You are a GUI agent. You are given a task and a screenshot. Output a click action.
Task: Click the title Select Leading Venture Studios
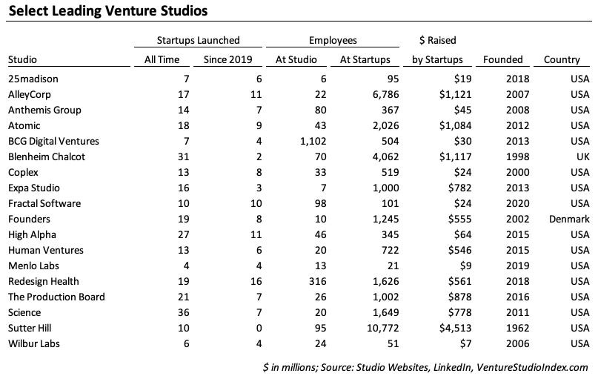(107, 11)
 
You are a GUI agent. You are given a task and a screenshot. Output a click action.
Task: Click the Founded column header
(502, 59)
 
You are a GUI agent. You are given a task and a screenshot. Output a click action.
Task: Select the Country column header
(562, 59)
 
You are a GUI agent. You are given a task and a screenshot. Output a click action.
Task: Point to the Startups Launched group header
(198, 41)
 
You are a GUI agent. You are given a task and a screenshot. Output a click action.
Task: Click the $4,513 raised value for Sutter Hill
(446, 328)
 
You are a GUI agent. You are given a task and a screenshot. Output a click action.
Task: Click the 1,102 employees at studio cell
(302, 141)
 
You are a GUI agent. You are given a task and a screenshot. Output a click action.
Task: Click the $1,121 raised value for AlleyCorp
(446, 94)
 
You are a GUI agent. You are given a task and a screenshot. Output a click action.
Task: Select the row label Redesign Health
(43, 281)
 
